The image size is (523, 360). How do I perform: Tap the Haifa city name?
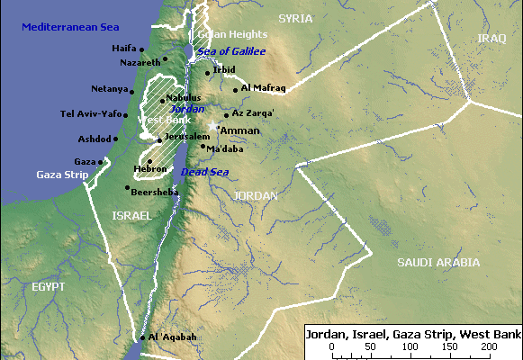(123, 48)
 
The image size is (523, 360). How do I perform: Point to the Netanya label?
(109, 89)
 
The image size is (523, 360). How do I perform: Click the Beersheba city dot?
(127, 188)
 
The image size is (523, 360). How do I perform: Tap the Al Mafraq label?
(264, 89)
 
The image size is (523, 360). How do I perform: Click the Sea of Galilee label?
(231, 52)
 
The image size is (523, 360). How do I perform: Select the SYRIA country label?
(296, 18)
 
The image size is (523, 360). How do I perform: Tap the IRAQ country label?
(492, 39)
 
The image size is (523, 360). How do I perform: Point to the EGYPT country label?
(48, 286)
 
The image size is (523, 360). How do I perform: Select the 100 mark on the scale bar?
(411, 346)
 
